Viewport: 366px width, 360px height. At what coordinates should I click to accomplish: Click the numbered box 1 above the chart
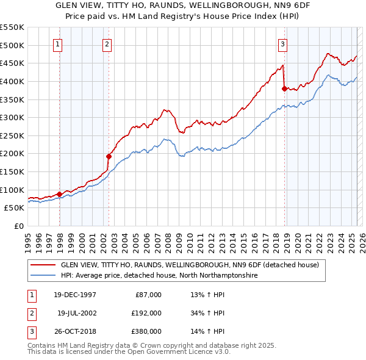[x=57, y=43]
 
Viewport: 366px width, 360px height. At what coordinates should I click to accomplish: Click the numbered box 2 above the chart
[x=107, y=43]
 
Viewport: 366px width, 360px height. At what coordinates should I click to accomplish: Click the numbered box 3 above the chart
[x=283, y=43]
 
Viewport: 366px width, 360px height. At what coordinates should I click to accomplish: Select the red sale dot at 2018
[x=284, y=88]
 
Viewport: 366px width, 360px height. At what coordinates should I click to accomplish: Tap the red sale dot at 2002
[x=109, y=156]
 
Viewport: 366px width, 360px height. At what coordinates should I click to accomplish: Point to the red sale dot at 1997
[x=60, y=194]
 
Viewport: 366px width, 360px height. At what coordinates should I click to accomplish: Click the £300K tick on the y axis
[x=12, y=117]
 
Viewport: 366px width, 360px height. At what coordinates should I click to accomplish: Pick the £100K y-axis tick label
[x=12, y=190]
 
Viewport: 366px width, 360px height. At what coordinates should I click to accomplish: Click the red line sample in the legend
[x=43, y=265]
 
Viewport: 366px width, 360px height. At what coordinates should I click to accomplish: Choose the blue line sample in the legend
[x=43, y=276]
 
